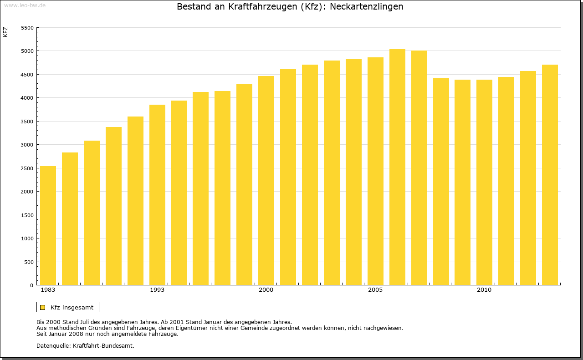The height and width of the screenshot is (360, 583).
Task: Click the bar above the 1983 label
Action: [x=48, y=226]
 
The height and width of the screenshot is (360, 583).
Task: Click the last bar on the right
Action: [x=550, y=175]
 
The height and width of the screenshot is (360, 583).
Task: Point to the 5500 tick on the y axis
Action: [x=28, y=28]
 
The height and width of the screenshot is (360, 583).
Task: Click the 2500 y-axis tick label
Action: [x=28, y=168]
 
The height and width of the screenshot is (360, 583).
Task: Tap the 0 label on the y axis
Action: [x=32, y=285]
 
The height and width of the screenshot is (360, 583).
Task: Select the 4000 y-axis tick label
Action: [x=28, y=98]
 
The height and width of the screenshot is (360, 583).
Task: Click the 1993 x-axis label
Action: [x=157, y=290]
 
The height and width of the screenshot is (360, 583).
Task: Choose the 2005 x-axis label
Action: [x=375, y=290]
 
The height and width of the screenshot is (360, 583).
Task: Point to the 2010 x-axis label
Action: [x=484, y=290]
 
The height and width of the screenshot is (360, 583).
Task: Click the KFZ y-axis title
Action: [x=5, y=32]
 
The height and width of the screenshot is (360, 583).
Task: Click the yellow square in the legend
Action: [x=43, y=307]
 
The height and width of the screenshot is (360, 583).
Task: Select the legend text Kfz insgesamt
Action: [x=72, y=307]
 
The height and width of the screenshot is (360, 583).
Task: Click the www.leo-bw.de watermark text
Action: [x=25, y=5]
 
